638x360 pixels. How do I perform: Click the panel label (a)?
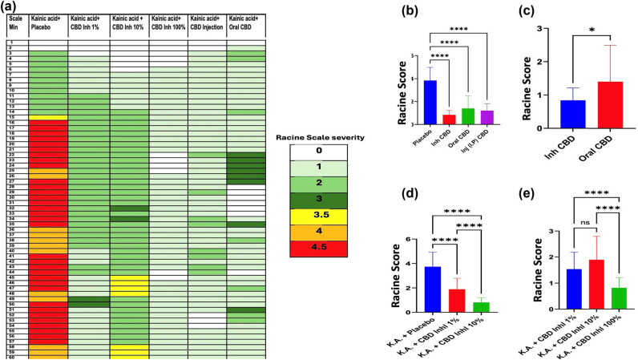pyautogui.click(x=10, y=6)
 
